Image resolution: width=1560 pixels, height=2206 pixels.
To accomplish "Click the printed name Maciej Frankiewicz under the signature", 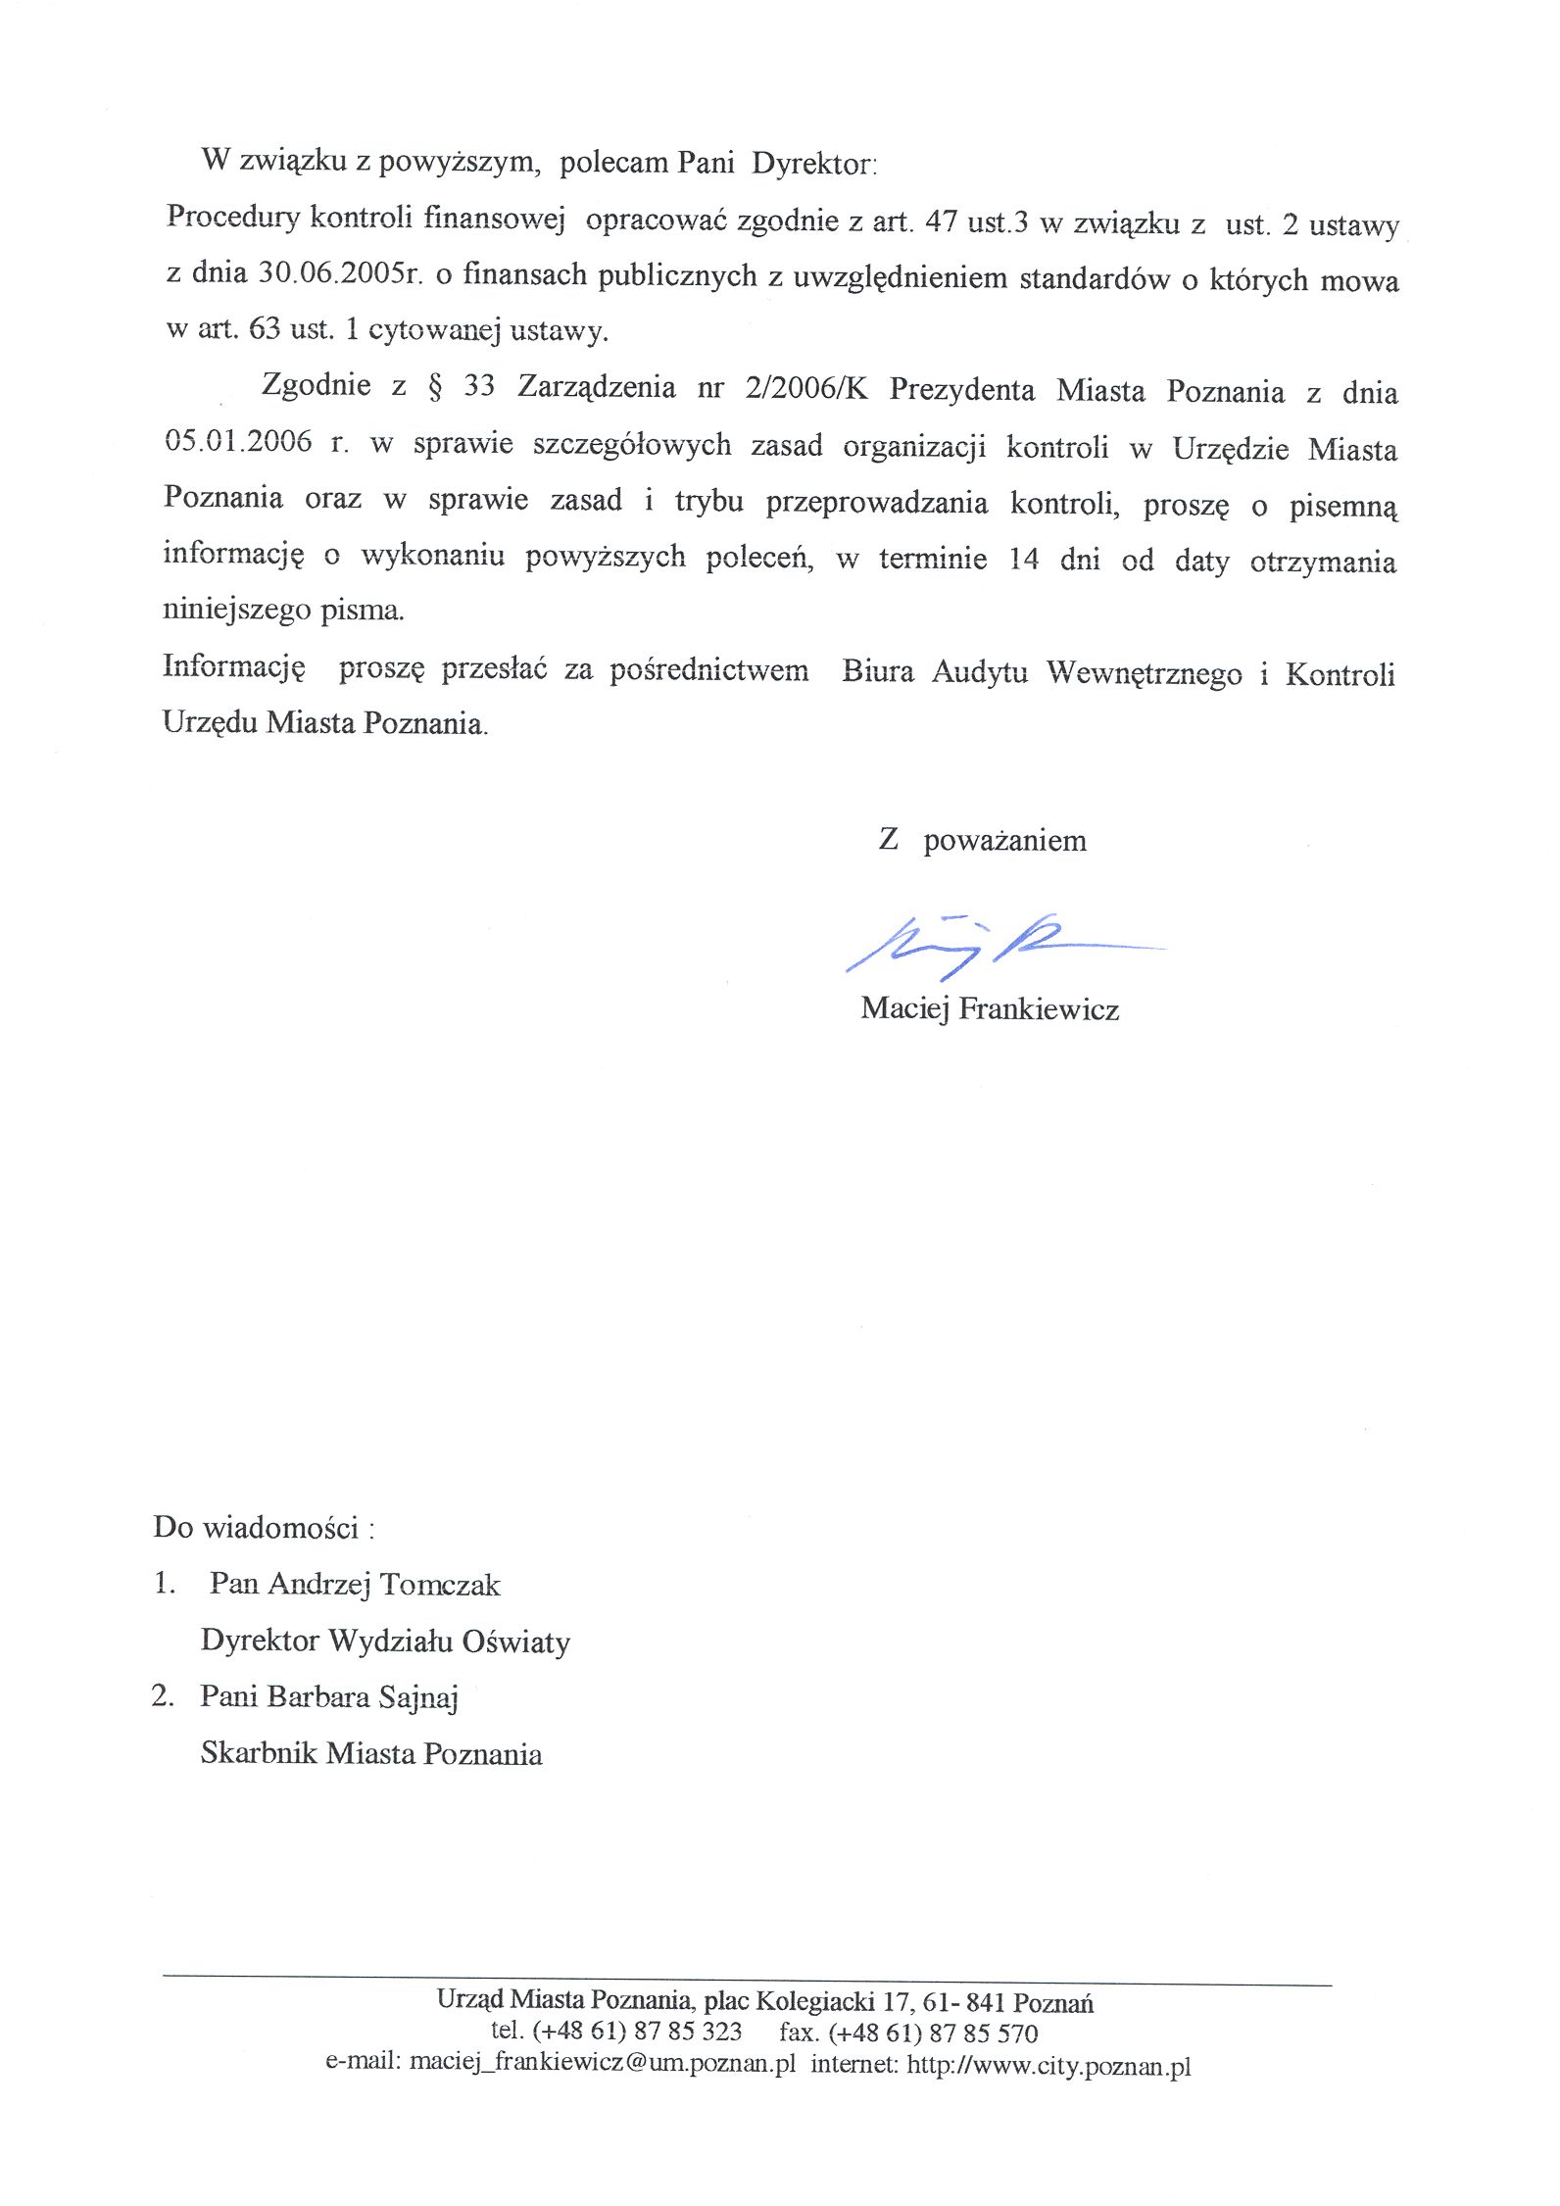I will coord(990,1008).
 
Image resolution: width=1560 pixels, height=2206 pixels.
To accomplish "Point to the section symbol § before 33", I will coord(435,386).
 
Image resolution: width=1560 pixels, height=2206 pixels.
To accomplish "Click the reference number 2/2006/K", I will coord(805,389).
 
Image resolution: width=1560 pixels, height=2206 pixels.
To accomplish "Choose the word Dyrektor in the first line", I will coord(812,163).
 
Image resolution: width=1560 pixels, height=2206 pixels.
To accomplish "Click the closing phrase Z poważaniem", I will coord(983,840).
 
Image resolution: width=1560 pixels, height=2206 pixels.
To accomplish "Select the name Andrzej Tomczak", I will coord(383,1585).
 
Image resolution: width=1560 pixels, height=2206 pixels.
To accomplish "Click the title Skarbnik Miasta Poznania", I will coord(371,1753).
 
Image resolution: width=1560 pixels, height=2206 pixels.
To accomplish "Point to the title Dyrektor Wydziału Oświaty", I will coord(385,1641).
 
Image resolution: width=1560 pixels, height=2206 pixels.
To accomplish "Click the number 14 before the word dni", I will coord(1023,560).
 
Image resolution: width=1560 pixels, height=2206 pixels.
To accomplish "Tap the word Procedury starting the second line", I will coord(232,217).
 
